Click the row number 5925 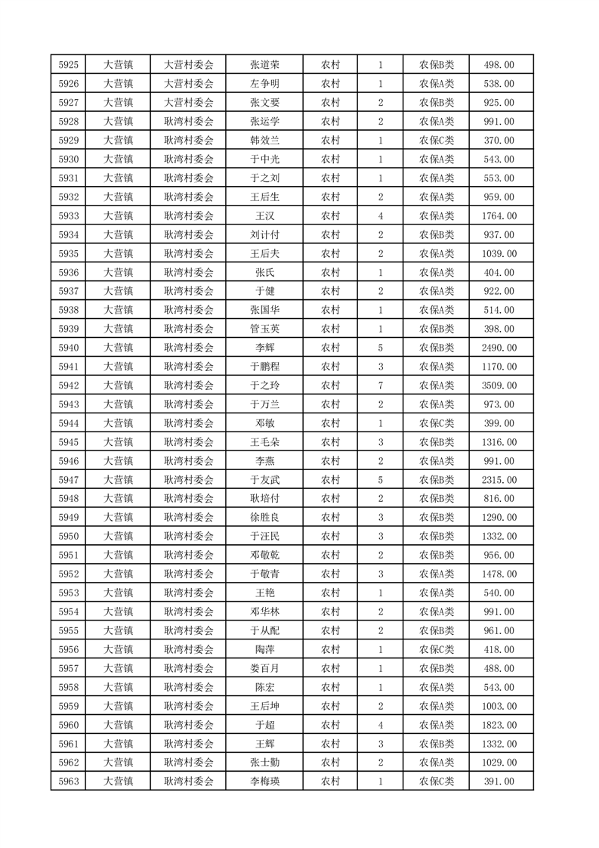(x=69, y=65)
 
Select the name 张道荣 (x=264, y=65)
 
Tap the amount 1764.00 (x=499, y=216)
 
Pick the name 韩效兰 (x=264, y=141)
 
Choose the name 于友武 (x=264, y=480)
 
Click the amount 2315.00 (x=499, y=480)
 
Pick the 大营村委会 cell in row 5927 (x=189, y=103)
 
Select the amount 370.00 (x=499, y=141)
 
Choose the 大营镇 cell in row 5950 (x=118, y=537)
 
